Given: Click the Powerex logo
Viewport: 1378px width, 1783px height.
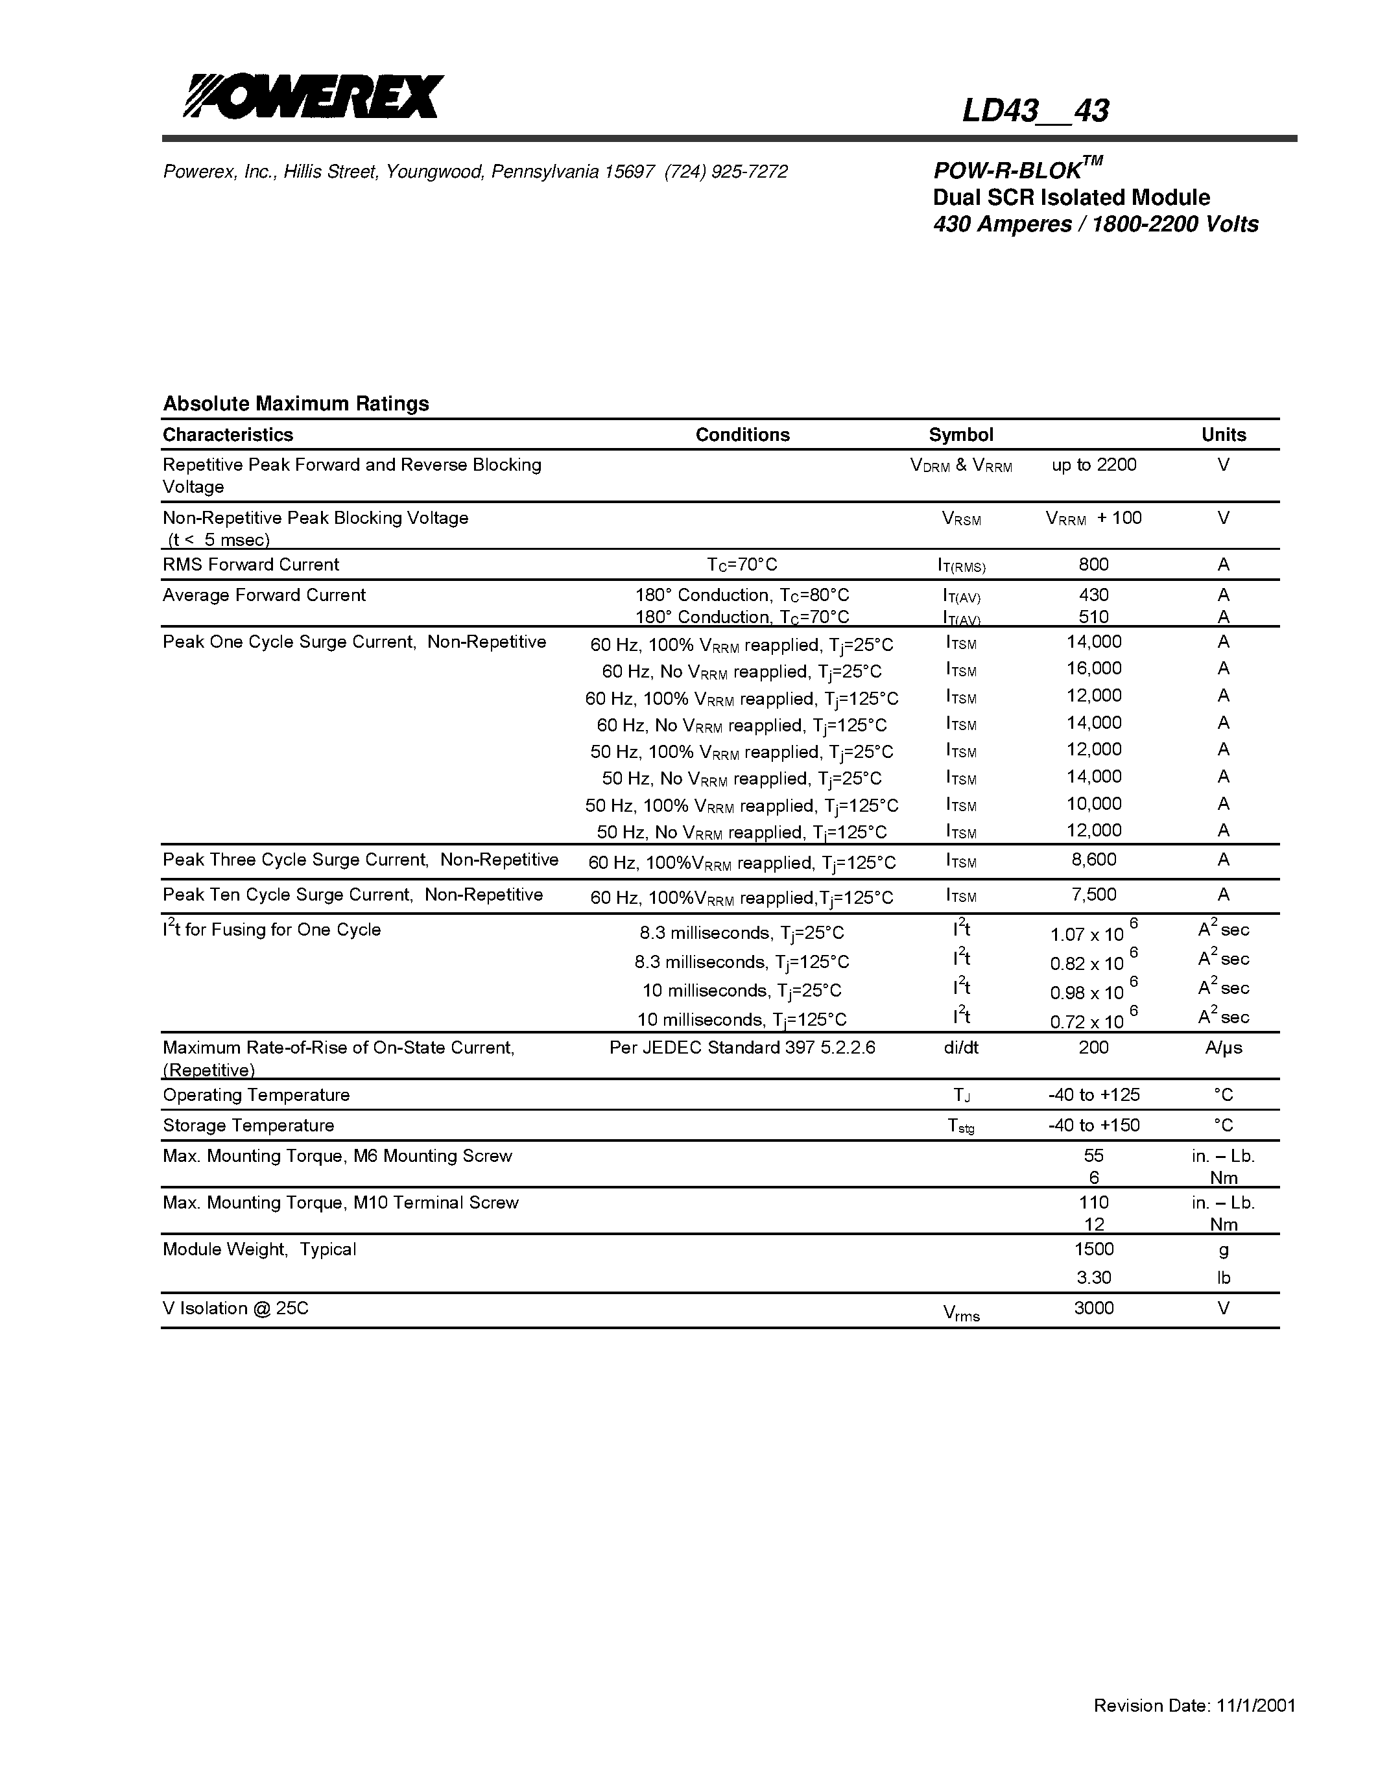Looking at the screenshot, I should [x=313, y=97].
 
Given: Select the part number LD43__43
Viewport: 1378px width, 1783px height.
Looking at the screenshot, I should [x=1034, y=111].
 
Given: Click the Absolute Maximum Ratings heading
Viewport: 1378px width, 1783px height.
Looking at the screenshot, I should [x=296, y=403].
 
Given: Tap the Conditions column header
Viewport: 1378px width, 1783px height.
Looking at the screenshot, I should [x=742, y=434].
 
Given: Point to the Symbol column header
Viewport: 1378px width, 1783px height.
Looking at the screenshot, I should [x=961, y=434].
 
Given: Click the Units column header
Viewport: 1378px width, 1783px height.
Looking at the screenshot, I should [x=1223, y=434].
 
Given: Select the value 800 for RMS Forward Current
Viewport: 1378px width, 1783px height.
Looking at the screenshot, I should [x=1093, y=564].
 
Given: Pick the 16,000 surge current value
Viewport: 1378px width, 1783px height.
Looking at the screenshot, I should [x=1093, y=668].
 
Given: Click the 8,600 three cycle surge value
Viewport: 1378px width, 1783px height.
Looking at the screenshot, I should [x=1093, y=859].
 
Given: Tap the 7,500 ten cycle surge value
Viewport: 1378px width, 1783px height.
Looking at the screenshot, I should [x=1093, y=894].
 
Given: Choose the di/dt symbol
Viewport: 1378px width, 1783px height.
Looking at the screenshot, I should [x=961, y=1047].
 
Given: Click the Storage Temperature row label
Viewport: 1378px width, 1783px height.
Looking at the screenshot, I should [x=248, y=1125].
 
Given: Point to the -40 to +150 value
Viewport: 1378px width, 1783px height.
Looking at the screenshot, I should [x=1093, y=1125].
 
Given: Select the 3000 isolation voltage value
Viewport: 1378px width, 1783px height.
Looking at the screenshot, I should [x=1093, y=1308].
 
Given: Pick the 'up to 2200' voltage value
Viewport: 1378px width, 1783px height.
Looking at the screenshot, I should [x=1093, y=464].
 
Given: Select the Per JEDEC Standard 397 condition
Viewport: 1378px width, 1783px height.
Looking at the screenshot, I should [x=742, y=1047].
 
